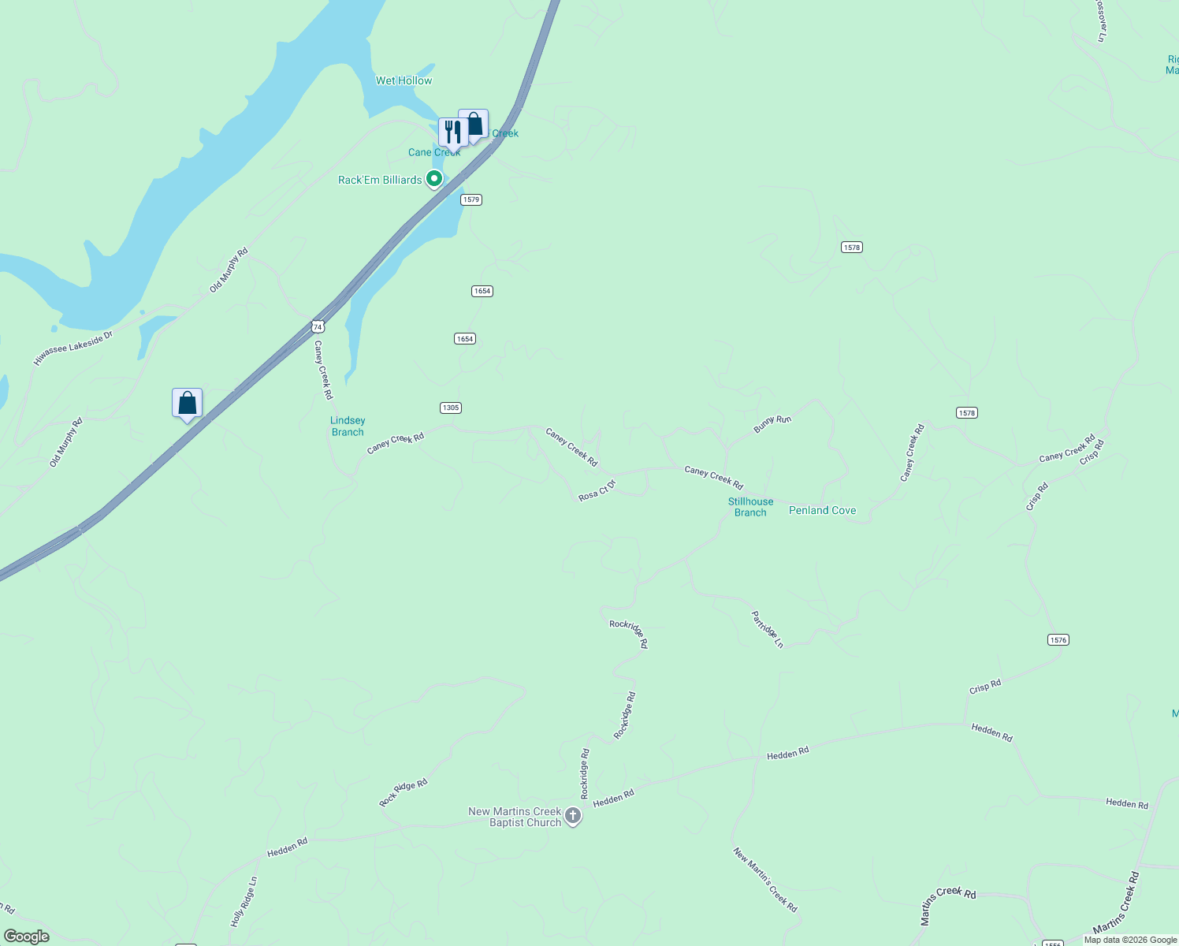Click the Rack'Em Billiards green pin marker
433,179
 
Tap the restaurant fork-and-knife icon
452,132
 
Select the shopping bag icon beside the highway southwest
187,404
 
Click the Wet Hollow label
404,80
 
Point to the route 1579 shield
471,199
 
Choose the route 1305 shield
451,408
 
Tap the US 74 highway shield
317,326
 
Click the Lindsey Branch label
348,426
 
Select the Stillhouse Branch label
750,507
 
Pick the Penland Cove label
822,511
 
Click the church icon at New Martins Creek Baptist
573,817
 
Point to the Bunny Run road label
772,423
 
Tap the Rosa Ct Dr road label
597,490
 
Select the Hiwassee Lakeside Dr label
73,348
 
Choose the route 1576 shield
1058,639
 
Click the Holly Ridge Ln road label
244,902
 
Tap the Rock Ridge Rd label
403,792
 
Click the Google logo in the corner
27,937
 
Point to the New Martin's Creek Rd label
765,880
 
